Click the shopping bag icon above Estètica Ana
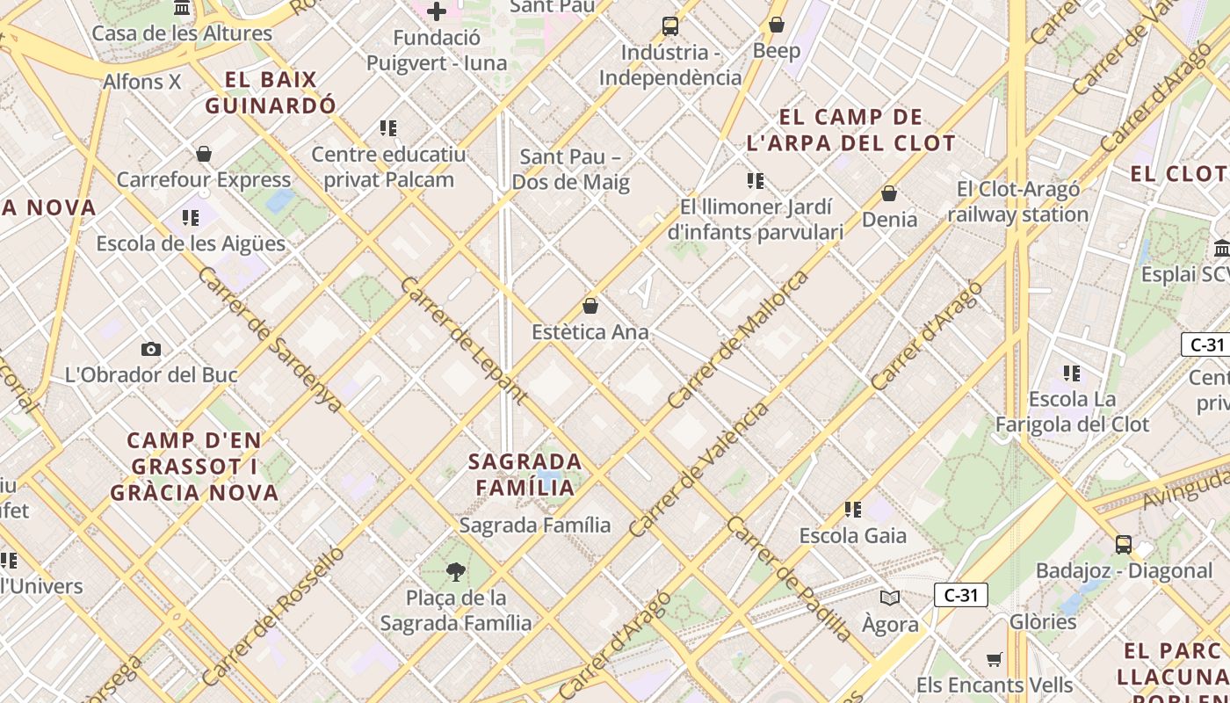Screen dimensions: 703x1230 pos(590,306)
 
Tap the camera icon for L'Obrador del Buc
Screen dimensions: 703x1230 pos(151,349)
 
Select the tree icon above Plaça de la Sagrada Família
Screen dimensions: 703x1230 pos(455,572)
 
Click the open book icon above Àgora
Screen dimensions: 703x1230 pos(890,598)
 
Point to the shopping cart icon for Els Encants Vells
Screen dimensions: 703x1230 pos(994,659)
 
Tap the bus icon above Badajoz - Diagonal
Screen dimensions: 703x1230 pos(1123,544)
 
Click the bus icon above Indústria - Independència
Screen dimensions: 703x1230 pos(670,26)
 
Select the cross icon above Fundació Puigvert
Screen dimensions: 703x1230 pos(436,11)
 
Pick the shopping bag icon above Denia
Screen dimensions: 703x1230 pos(889,193)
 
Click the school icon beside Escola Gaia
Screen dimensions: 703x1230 pos(852,509)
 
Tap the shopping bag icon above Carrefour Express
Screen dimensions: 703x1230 pos(204,154)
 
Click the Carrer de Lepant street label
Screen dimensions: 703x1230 pos(463,339)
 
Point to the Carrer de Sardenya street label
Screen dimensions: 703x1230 pos(270,339)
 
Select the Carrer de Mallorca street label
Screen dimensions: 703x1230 pos(737,339)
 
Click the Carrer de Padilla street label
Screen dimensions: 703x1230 pos(789,578)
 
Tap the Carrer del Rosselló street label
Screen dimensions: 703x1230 pos(273,615)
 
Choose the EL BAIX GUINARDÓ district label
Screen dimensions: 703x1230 pos(271,92)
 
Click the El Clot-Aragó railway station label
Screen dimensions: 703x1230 pos(1018,201)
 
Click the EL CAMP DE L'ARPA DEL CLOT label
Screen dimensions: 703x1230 pos(850,129)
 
